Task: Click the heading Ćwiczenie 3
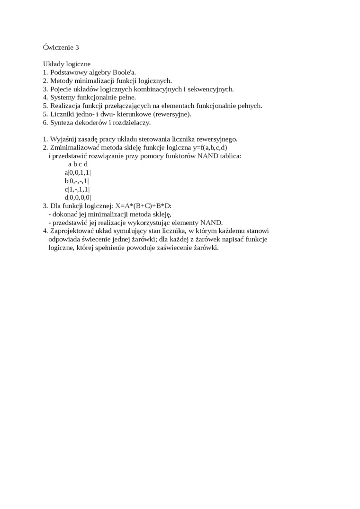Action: (x=61, y=47)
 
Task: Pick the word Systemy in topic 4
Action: (x=63, y=98)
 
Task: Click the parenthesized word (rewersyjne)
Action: (x=169, y=114)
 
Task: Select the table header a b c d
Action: (x=78, y=164)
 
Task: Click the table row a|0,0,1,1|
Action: (x=78, y=172)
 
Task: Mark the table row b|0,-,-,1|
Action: (x=77, y=181)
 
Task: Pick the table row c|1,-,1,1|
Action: (x=77, y=189)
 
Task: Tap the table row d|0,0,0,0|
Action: (x=78, y=197)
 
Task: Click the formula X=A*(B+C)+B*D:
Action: (x=143, y=206)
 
